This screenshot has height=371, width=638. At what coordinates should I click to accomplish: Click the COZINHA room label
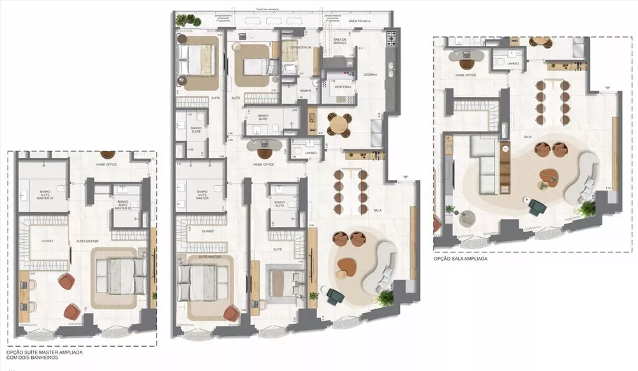point(370,75)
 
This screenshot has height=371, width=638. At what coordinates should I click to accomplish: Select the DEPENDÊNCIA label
point(300,47)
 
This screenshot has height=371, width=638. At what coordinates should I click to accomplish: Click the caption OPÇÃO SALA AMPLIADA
point(461,259)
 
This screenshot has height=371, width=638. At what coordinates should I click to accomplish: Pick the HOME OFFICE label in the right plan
point(467,75)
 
